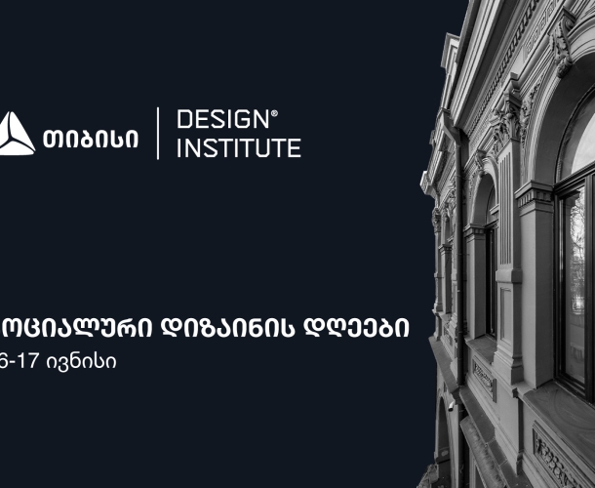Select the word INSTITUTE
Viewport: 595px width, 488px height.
pyautogui.click(x=238, y=148)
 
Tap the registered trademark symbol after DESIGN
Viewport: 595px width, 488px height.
pyautogui.click(x=274, y=113)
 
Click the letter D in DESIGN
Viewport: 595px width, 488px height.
pyautogui.click(x=183, y=120)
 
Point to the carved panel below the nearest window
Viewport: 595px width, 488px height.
pyautogui.click(x=556, y=449)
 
